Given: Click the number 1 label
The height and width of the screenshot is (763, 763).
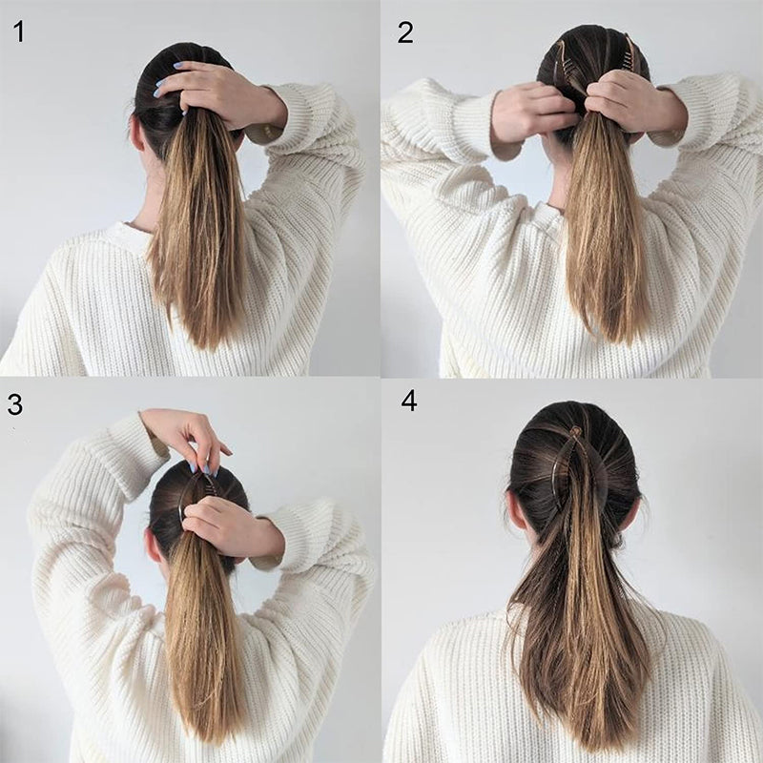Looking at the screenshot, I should point(18,31).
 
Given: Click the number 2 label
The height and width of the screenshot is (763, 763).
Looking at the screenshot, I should point(405,31).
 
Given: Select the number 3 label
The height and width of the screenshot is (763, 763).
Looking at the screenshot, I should point(15,403).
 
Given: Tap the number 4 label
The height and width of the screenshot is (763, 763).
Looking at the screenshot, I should point(409,400).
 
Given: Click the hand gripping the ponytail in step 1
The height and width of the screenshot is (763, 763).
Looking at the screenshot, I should point(215,91).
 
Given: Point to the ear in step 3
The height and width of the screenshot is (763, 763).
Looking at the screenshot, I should point(153,546).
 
